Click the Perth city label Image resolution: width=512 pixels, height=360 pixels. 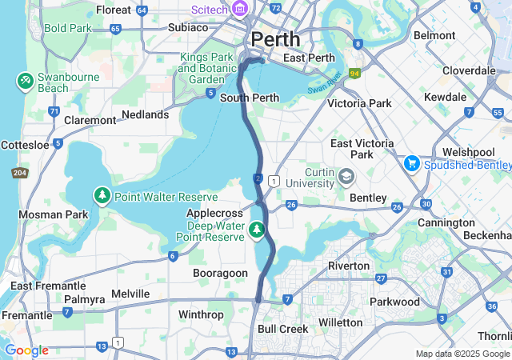point(275,38)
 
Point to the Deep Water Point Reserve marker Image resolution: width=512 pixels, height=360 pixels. point(256,230)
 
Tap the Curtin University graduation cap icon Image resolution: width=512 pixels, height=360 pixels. point(346,175)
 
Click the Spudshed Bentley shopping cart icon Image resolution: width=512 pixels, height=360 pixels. point(413,163)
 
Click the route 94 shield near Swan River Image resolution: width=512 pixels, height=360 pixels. point(354,73)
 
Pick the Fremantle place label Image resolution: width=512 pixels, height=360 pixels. point(26,315)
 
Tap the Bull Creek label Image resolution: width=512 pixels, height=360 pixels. point(282,329)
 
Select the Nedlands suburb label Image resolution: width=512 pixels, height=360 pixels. point(145,114)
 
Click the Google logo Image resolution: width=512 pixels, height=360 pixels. point(26,350)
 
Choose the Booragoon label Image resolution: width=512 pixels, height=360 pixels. point(221,273)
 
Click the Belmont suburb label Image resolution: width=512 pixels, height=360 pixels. point(435,35)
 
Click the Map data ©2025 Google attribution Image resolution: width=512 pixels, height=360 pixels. point(462,354)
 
